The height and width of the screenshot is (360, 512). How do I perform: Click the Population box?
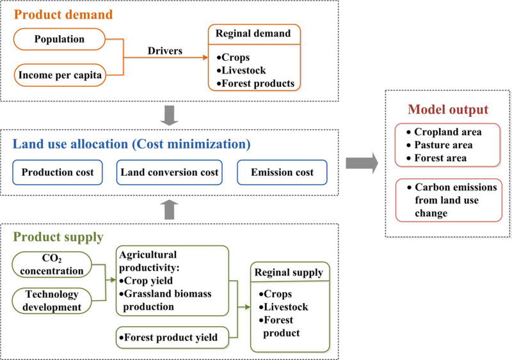(60, 40)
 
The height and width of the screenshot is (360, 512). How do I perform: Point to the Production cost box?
(58, 172)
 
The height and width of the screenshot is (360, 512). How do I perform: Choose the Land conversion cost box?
(169, 172)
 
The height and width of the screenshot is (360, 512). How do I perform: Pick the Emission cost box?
(282, 172)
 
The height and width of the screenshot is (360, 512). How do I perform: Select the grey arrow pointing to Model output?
(361, 164)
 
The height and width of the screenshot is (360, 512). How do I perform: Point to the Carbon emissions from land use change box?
(447, 200)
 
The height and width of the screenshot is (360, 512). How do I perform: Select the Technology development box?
(52, 301)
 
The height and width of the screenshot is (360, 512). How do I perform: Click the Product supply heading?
(57, 237)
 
